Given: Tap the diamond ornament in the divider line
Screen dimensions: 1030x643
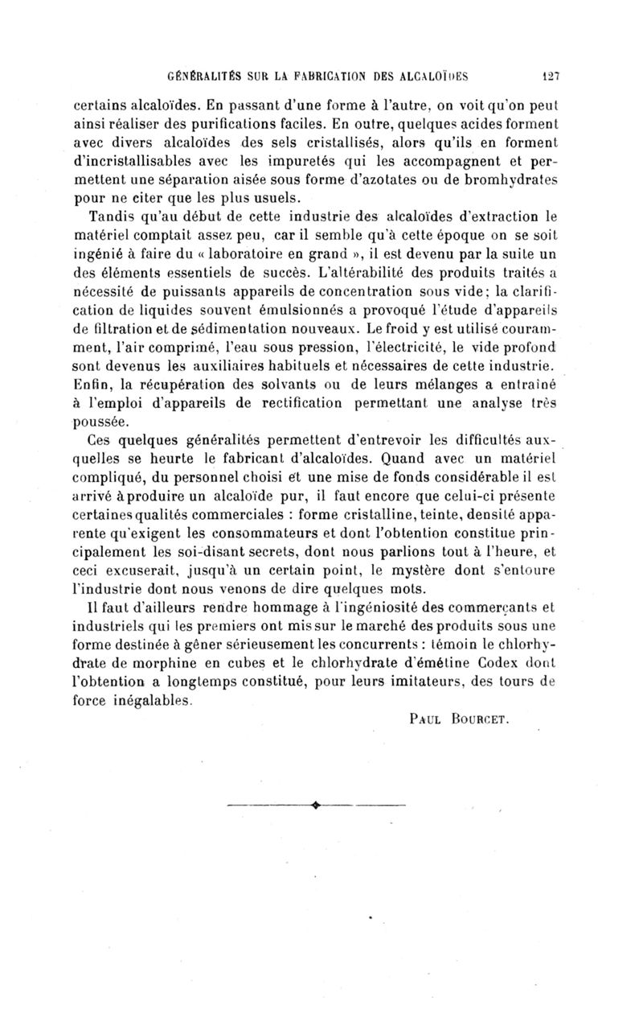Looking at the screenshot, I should click(x=314, y=802).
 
